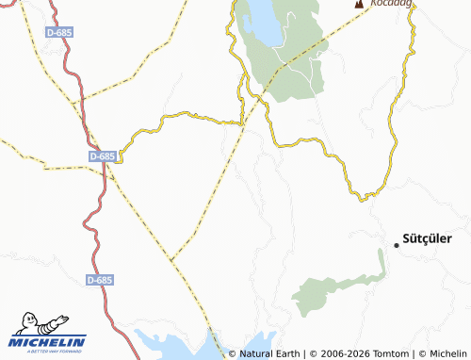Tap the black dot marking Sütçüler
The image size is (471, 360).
[396, 245]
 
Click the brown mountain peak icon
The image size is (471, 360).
[359, 5]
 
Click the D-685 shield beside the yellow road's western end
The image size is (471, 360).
[102, 155]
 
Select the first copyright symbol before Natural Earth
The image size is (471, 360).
[232, 353]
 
